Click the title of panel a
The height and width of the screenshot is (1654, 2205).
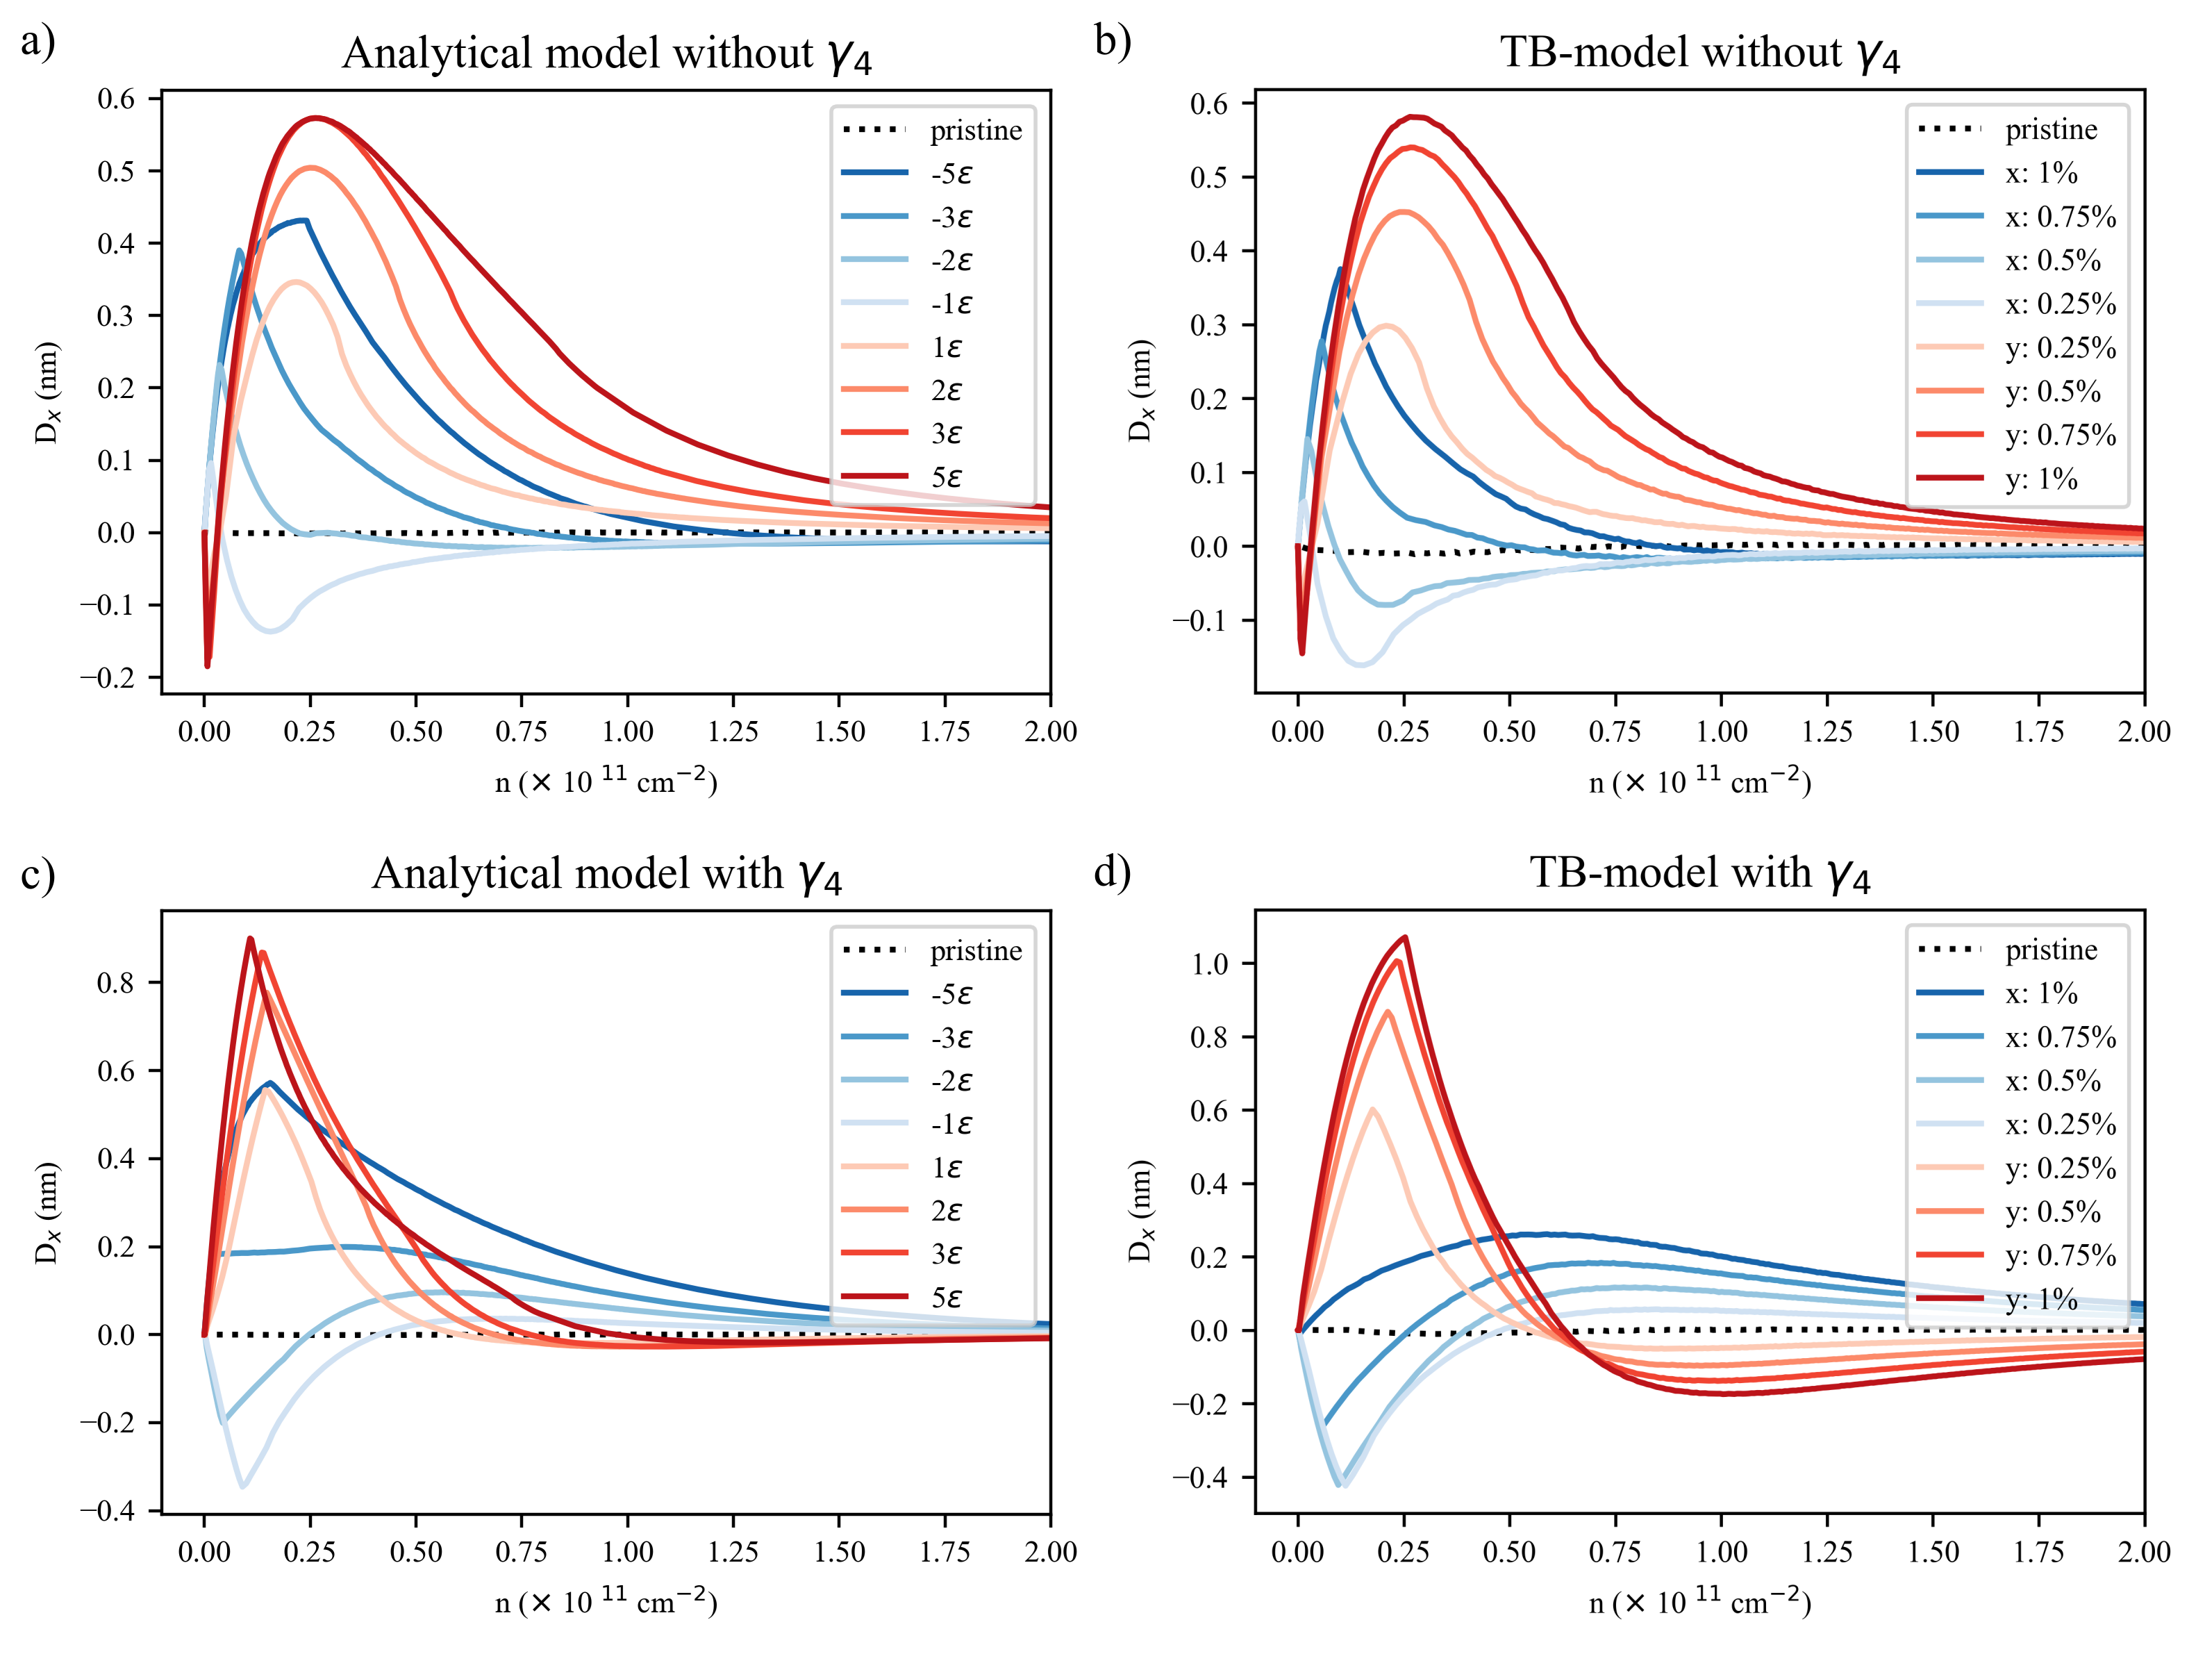[606, 54]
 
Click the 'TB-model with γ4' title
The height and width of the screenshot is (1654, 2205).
[1699, 873]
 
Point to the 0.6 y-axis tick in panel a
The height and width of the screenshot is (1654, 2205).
[116, 99]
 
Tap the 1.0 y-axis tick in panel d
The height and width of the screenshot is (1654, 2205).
[1209, 964]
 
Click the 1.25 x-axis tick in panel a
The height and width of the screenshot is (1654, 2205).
[733, 731]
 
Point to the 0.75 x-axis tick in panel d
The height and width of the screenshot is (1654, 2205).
[1615, 1553]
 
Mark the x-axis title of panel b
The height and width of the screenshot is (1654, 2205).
[1699, 781]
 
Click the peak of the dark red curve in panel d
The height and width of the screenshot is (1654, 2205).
[1404, 937]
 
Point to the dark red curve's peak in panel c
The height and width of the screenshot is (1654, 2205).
[249, 938]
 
